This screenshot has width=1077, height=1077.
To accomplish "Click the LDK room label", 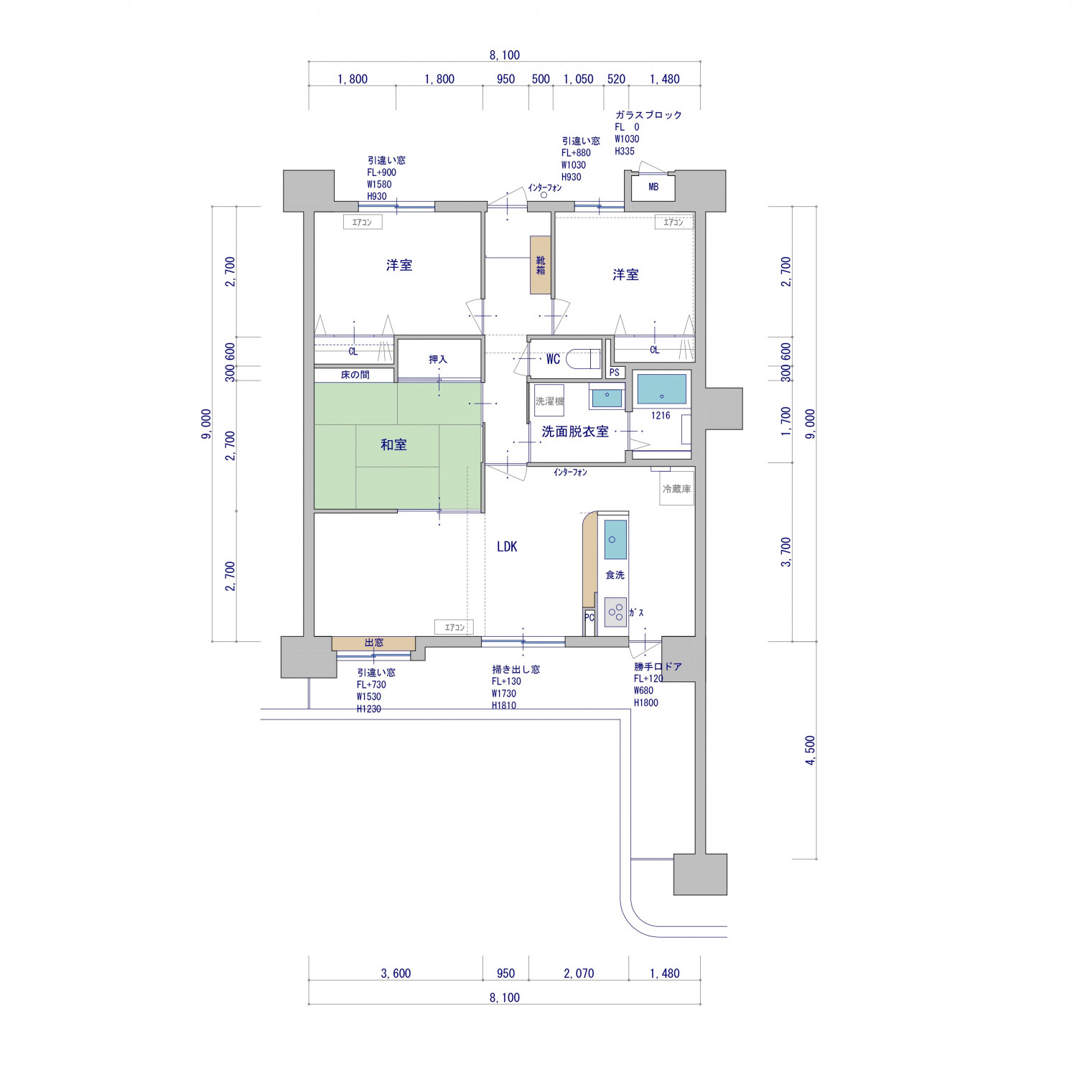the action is click(x=507, y=546).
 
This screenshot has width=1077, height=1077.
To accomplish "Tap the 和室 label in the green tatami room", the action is click(x=393, y=445).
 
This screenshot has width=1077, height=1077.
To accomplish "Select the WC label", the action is click(x=553, y=359).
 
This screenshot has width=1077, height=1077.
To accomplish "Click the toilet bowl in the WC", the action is click(x=584, y=358).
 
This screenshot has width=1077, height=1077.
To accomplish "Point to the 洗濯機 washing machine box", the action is click(x=549, y=401).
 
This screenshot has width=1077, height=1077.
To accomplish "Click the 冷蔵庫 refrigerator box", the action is click(x=676, y=489).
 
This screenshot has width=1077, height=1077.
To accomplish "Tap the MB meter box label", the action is click(x=653, y=187).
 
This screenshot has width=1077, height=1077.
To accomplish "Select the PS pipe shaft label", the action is click(x=614, y=373).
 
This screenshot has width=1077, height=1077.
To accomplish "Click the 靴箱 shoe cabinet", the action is click(x=541, y=265).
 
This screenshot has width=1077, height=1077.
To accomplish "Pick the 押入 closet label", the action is click(x=438, y=359).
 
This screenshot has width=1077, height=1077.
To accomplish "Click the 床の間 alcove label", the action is click(x=355, y=375).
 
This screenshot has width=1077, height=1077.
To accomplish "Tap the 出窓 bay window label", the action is click(x=374, y=643).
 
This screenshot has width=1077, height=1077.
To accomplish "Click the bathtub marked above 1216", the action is click(x=661, y=389).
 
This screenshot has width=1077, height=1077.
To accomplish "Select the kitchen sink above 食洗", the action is click(x=615, y=539).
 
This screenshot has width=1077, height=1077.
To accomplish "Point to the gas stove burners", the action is click(x=615, y=612).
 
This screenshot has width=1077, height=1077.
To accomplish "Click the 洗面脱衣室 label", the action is click(x=574, y=432).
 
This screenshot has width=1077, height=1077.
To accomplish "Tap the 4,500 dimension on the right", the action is click(x=811, y=750).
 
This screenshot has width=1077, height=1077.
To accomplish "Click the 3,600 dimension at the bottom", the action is click(x=396, y=974).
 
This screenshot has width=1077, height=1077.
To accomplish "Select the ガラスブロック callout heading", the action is click(x=648, y=115).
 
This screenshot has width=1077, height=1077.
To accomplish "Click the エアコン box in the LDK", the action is click(x=454, y=628).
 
